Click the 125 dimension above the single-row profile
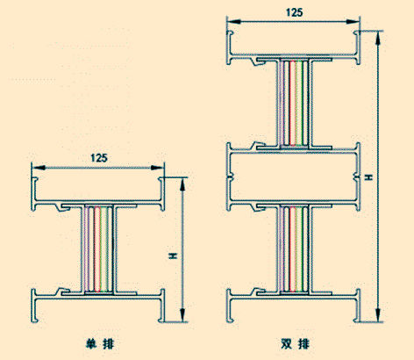coord(99,158)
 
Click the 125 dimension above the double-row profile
coord(294,12)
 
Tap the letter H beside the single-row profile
coord(173,256)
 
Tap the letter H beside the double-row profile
coord(369,176)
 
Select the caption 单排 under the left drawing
coord(100,343)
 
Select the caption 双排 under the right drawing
coord(295,343)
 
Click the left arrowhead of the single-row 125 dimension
coord(39,168)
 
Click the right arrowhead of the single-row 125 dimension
coord(157,168)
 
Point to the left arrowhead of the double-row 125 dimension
coord(234,21)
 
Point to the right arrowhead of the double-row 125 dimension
coord(353,21)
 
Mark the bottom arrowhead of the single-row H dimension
coord(182,315)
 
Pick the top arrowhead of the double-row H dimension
coord(378,37)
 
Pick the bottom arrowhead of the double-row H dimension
coord(378,315)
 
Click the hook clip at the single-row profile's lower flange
coord(62,292)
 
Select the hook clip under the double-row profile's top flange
coord(258,61)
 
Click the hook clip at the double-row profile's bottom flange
coord(259,292)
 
